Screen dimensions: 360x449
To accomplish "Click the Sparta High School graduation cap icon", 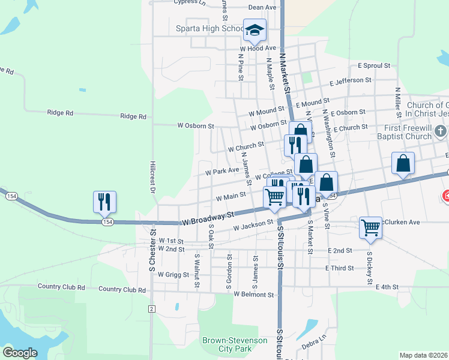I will pyautogui.click(x=254, y=29).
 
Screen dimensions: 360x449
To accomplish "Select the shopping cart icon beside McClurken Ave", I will pyautogui.click(x=371, y=227).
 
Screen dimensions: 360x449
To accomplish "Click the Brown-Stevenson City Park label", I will pyautogui.click(x=235, y=344).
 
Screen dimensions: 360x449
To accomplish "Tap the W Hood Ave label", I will pyautogui.click(x=258, y=48).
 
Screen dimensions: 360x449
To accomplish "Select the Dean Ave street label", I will pyautogui.click(x=262, y=7).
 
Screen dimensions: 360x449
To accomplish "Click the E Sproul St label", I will pyautogui.click(x=374, y=65).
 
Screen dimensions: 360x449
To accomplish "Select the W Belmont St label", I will pyautogui.click(x=254, y=295).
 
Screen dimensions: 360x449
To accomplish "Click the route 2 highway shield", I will pyautogui.click(x=152, y=308).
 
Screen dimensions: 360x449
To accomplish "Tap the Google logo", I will pyautogui.click(x=20, y=352).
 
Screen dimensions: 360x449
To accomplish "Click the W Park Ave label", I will pyautogui.click(x=222, y=170).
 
